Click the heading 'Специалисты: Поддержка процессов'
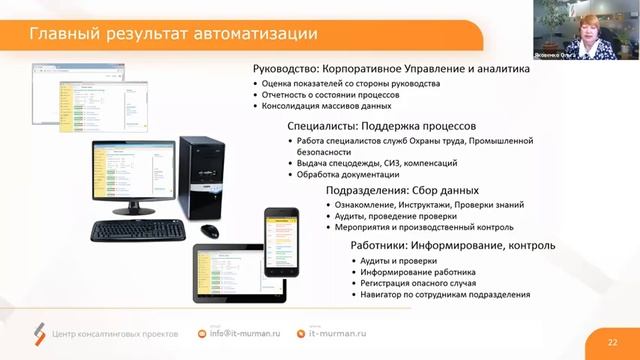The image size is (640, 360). (x=380, y=127)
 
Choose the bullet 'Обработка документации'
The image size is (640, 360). (x=347, y=175)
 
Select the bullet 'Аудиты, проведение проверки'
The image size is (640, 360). (x=390, y=216)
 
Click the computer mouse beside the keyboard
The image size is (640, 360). (x=209, y=230)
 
